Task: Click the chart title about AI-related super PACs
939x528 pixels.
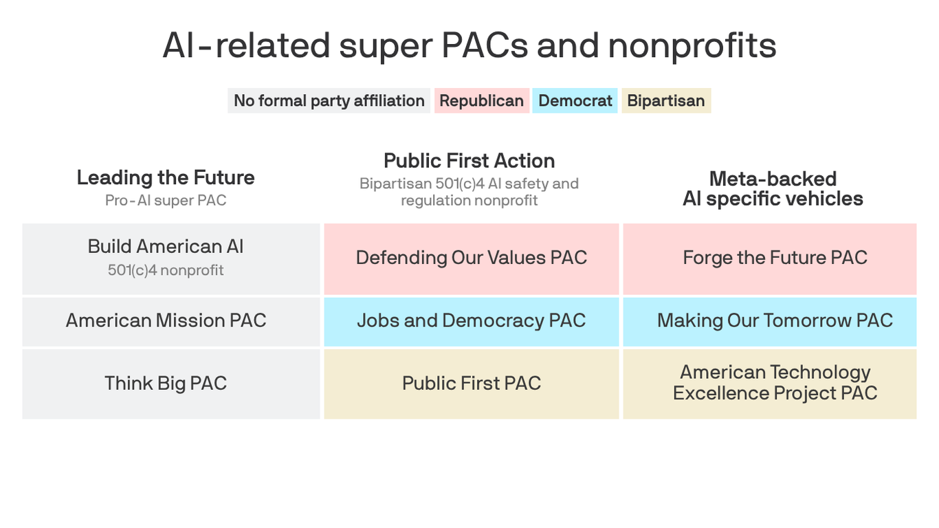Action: point(469,46)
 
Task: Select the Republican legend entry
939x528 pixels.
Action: point(481,101)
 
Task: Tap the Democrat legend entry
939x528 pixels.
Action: point(575,101)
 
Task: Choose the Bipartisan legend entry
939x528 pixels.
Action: point(665,101)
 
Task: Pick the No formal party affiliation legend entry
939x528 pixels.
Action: point(329,101)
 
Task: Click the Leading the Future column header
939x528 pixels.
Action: point(166,177)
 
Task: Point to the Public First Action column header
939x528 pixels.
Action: point(469,161)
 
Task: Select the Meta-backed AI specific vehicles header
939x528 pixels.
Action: point(773,188)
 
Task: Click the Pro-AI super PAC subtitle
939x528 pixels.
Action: point(166,201)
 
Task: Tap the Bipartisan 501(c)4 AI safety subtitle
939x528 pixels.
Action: point(469,192)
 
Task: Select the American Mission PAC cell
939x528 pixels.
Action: point(166,320)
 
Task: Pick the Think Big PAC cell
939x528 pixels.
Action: point(166,383)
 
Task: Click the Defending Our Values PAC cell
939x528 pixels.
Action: point(472,258)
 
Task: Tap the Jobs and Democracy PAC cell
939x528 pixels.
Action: point(472,320)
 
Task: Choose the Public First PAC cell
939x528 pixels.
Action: point(472,383)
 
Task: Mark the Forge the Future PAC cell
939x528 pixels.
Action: point(775,258)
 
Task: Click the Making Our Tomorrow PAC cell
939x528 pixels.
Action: point(775,320)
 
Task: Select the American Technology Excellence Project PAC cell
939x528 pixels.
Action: point(775,382)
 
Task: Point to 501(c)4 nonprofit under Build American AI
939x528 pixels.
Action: point(166,270)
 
